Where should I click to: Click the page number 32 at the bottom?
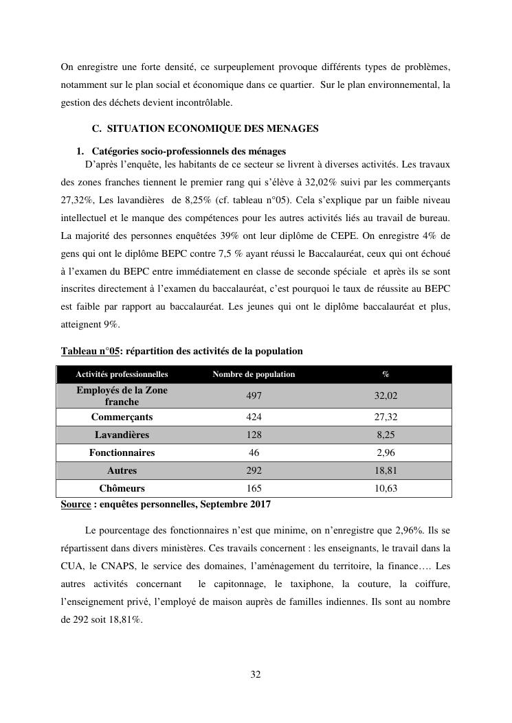(256, 674)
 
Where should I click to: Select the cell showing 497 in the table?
(254, 396)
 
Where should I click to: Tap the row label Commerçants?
(122, 417)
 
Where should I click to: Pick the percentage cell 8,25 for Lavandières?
(387, 435)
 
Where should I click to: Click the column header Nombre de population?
(254, 374)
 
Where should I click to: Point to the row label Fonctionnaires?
(122, 453)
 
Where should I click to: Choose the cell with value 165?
(254, 489)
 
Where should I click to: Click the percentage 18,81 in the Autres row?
(387, 471)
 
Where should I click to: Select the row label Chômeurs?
(122, 489)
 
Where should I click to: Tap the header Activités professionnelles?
(122, 374)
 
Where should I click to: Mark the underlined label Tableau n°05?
(89, 351)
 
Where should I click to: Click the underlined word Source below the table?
(76, 504)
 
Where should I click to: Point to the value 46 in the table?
(254, 453)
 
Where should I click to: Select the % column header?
(386, 374)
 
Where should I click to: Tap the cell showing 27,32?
(387, 417)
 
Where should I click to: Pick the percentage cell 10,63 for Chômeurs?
(387, 489)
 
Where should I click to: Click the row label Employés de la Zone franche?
(122, 396)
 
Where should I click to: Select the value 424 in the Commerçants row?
(254, 417)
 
